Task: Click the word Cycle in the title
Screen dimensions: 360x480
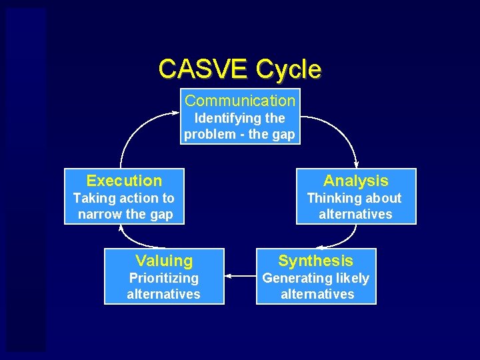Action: click(288, 69)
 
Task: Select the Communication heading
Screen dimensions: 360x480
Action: click(240, 101)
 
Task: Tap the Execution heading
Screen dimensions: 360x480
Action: click(124, 181)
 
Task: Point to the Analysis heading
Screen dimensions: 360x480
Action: click(355, 181)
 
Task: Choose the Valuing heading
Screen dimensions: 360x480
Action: click(164, 261)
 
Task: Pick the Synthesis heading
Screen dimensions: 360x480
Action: click(316, 261)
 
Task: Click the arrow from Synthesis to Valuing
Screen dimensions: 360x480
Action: click(240, 275)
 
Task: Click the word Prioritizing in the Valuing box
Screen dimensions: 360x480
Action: click(163, 278)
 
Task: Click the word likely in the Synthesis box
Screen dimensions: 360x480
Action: click(351, 278)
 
